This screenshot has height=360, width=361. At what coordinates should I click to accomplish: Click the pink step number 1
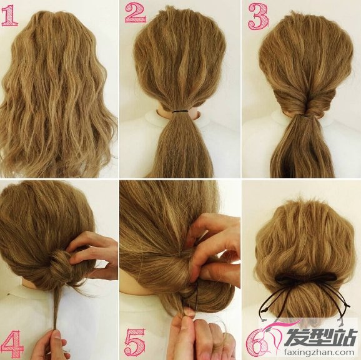coord(9,16)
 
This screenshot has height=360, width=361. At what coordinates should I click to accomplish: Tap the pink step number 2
coord(136,13)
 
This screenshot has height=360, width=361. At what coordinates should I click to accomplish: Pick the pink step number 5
coord(136,343)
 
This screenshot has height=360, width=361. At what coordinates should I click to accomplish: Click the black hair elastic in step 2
coord(180,112)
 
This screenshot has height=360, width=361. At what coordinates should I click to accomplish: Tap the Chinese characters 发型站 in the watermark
coord(320,336)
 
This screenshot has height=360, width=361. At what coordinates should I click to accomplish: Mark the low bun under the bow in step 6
coord(306,299)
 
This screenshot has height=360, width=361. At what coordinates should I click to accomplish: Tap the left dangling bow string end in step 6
coord(262,319)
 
